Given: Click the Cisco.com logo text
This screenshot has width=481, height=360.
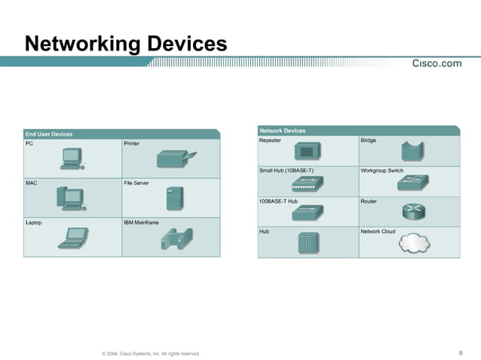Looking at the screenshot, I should point(437,63).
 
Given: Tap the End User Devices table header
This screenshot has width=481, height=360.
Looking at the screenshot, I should point(49,134).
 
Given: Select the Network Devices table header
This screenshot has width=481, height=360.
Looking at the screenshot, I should point(283,130).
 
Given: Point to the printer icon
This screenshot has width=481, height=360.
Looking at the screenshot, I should point(176,159).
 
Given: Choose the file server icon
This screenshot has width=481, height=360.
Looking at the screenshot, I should point(175,199).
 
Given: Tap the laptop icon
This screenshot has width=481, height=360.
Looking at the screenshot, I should point(74,237).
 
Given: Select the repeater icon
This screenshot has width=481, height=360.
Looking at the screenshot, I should point(306,151).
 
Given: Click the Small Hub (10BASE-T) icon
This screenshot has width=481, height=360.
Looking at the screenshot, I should point(307,185).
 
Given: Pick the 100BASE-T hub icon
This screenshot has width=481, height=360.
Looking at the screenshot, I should point(307,214).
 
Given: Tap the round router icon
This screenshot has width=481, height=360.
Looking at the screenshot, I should point(414,212).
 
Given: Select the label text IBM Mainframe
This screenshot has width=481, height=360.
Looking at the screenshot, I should point(141,223).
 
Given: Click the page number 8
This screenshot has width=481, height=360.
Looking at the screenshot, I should point(460,352).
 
